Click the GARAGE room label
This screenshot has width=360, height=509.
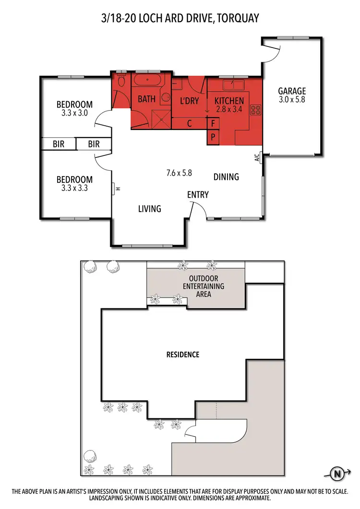point(292,91)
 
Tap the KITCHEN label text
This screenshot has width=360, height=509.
point(229,101)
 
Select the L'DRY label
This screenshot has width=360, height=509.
point(189,101)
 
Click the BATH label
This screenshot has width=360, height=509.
point(146,99)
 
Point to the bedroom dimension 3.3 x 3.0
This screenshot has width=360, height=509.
point(74,113)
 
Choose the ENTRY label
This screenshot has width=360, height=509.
point(198,194)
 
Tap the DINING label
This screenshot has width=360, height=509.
point(226,177)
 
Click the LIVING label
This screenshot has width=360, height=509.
point(149,209)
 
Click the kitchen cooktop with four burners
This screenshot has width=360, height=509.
point(255,110)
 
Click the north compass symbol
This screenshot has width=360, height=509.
point(338,474)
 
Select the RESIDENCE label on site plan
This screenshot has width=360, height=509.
point(182,355)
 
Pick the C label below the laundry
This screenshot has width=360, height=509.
point(190,123)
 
